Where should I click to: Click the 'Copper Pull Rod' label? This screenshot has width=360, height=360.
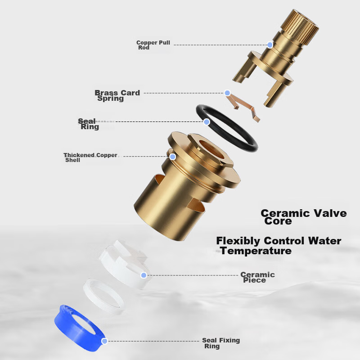click(x=153, y=45)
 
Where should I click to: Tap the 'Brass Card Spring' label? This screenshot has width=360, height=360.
click(x=117, y=95)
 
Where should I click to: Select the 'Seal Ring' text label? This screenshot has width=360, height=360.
click(x=88, y=124)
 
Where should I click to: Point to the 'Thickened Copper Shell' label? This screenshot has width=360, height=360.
click(x=90, y=157)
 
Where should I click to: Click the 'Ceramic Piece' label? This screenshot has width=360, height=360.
click(x=257, y=277)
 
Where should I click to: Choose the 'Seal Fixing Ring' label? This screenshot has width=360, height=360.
click(x=221, y=343)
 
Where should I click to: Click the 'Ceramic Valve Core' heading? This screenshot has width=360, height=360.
click(x=303, y=217)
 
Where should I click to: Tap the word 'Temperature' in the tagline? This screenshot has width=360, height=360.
click(x=256, y=251)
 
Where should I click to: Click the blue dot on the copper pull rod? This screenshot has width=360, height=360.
click(x=270, y=45)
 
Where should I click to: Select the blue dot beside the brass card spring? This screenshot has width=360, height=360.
click(x=227, y=93)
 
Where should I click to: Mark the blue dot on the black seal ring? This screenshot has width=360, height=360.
click(x=207, y=121)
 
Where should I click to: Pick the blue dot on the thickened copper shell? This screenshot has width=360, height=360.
click(x=173, y=157)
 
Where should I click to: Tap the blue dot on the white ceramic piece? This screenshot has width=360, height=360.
click(x=144, y=275)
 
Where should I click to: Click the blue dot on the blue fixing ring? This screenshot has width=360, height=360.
click(x=104, y=341)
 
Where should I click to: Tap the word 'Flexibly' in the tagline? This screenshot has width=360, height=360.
click(x=238, y=242)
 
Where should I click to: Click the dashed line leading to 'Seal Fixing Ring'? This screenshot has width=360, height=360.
click(x=153, y=341)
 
